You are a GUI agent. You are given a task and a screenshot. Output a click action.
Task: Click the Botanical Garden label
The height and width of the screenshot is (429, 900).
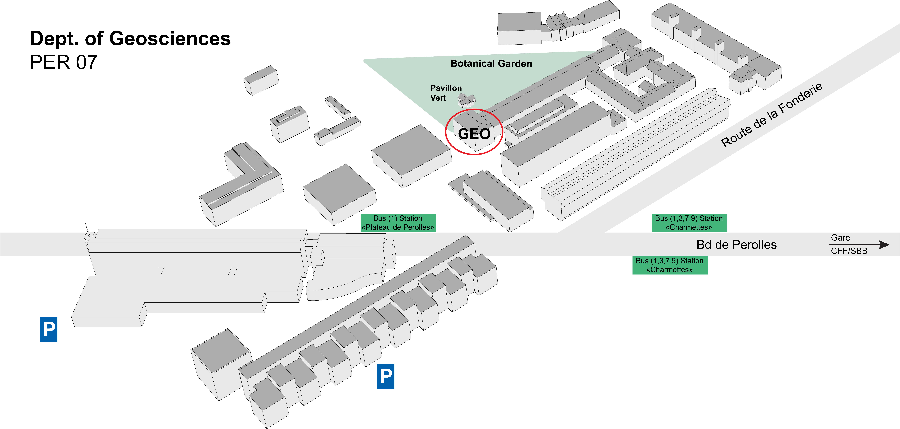pyautogui.click(x=491, y=64)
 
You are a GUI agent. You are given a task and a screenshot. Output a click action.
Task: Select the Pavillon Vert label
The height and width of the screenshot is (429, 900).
pyautogui.click(x=446, y=93)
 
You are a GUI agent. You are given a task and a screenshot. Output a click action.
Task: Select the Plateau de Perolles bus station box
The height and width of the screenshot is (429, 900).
pyautogui.click(x=398, y=223)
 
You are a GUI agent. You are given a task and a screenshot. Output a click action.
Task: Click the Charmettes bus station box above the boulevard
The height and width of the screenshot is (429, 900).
pyautogui.click(x=689, y=223)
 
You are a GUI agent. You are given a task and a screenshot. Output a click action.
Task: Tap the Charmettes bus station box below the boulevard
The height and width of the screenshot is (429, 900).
pyautogui.click(x=670, y=265)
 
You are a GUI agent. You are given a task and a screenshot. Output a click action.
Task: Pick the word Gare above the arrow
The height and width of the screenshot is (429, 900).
pyautogui.click(x=840, y=238)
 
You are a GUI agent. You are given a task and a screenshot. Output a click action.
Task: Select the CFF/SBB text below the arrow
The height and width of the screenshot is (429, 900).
pyautogui.click(x=849, y=251)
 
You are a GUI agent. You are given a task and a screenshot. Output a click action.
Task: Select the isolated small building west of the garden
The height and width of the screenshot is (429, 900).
pyautogui.click(x=261, y=80)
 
